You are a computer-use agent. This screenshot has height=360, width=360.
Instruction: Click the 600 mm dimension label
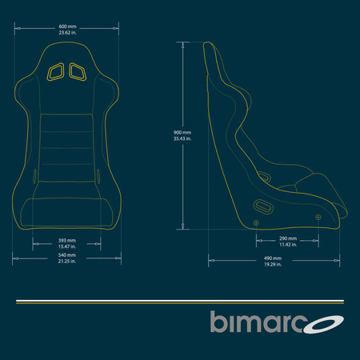tap(67, 26)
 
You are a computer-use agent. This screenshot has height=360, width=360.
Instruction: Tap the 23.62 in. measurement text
tap(67, 33)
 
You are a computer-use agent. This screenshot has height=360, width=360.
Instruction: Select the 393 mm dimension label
tap(67, 241)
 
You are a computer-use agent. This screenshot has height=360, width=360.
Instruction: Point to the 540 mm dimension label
tap(67, 255)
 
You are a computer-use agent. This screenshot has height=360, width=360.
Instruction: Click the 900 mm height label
tap(182, 133)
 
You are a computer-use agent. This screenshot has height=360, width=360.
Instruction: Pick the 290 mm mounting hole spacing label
tap(288, 238)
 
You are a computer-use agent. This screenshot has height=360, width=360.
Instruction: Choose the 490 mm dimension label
tap(273, 258)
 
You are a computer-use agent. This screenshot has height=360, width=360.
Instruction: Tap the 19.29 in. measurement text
tap(273, 265)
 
